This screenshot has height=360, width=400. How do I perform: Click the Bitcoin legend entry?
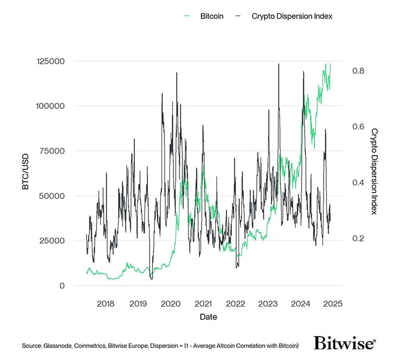[x=210, y=16]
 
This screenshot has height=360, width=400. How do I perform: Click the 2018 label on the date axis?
[x=106, y=303]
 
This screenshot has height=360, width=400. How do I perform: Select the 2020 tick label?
[x=170, y=303]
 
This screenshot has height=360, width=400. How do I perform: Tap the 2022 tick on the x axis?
[x=235, y=303]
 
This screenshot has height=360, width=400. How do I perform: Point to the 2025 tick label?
[x=332, y=303]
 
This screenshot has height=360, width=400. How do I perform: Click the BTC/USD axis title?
[x=25, y=173]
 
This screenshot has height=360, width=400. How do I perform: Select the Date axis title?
[x=208, y=317]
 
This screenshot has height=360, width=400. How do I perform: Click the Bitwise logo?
[x=345, y=343]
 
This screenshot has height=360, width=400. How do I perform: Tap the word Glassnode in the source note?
[x=61, y=345]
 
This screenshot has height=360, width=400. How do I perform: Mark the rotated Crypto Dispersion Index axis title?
[x=374, y=171]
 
